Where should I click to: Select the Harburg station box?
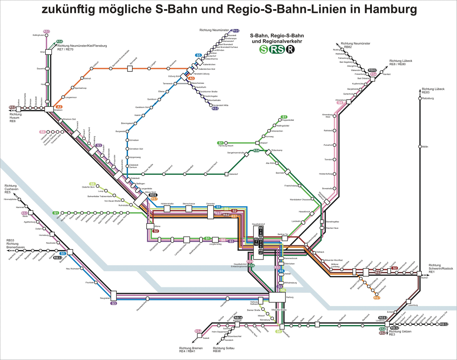click(277, 297)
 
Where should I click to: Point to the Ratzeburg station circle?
click(420, 98)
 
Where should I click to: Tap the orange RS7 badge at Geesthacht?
click(376, 298)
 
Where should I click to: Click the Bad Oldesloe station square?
click(372, 78)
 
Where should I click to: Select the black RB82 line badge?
click(372, 70)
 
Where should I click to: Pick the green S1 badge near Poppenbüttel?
click(284, 117)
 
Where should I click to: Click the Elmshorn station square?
click(49, 109)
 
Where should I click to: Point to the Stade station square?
click(30, 213)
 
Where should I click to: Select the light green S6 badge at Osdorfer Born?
click(92, 184)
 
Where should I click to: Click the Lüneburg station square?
click(387, 324)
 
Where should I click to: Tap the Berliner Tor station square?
click(285, 239)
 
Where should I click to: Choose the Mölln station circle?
click(420, 147)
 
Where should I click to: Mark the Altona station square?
click(150, 226)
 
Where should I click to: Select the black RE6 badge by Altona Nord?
click(153, 195)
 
